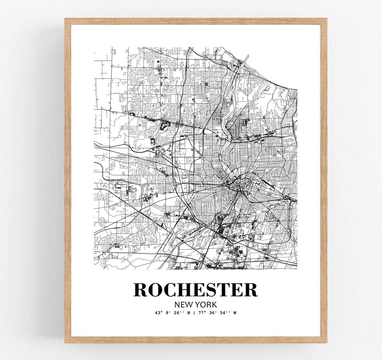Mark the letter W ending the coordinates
click(235, 313)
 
